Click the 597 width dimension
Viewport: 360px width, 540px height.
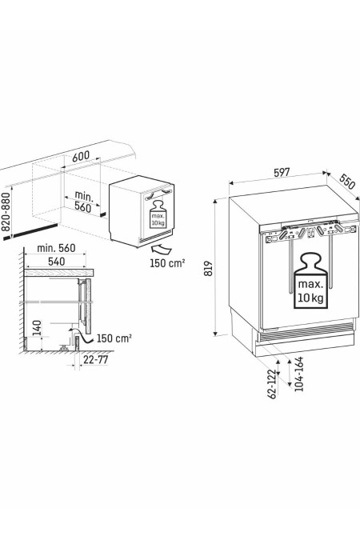point(282,172)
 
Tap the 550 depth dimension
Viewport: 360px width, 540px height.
point(347,182)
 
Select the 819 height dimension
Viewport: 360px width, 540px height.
point(209,268)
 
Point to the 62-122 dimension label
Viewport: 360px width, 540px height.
point(272,384)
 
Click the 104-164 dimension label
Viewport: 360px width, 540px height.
point(298,374)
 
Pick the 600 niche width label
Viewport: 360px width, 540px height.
point(81,156)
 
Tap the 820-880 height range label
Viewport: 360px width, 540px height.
point(5,211)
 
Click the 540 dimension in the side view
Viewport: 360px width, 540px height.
point(56,262)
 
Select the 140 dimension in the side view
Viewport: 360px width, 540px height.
point(37,328)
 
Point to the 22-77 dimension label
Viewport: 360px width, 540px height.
point(96,360)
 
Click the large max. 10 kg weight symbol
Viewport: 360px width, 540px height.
point(311,280)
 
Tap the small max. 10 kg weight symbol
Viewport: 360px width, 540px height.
point(158,214)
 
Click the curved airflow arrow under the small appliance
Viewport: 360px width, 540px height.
point(161,250)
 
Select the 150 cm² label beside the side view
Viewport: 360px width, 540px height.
point(114,338)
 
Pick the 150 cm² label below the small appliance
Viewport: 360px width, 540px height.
point(167,263)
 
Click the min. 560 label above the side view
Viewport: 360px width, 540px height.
point(56,248)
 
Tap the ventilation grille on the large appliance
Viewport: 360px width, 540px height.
point(306,329)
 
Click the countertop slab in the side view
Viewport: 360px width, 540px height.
point(59,273)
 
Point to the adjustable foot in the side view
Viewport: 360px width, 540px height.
point(64,347)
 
